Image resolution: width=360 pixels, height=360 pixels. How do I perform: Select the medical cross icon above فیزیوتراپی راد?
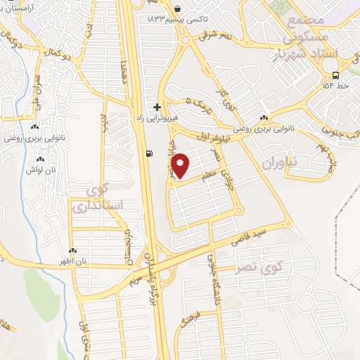point(156,106)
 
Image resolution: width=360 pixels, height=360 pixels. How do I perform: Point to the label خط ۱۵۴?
point(335,85)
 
